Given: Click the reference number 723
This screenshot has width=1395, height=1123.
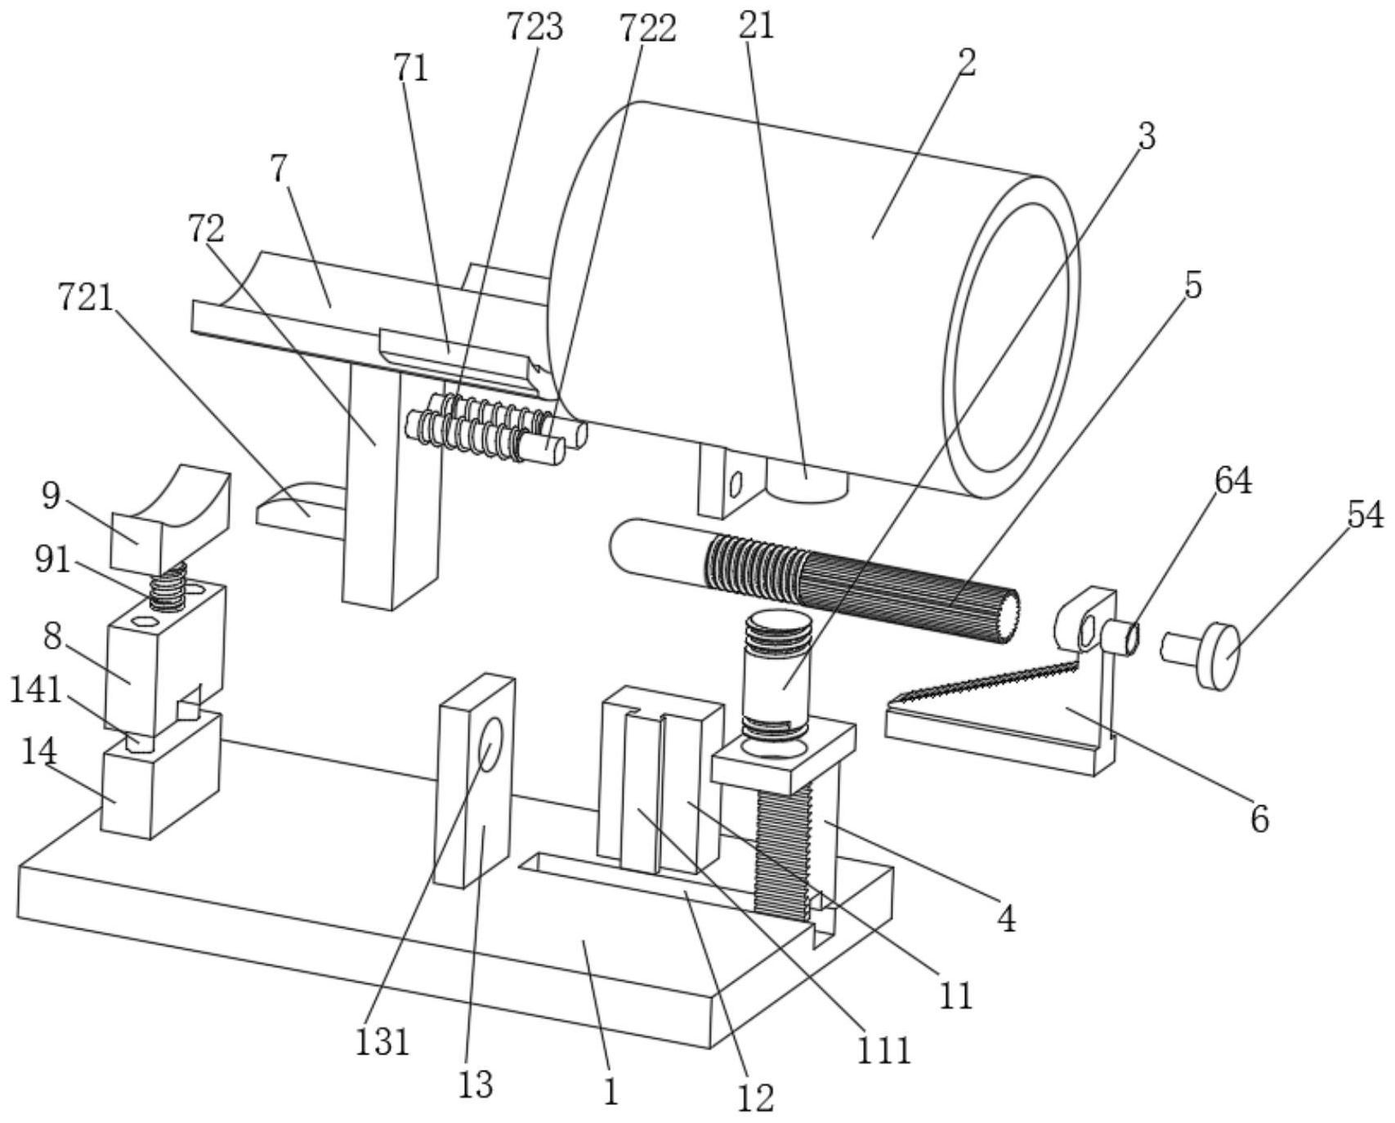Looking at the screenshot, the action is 535,27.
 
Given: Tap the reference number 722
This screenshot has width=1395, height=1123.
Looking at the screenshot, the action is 648,29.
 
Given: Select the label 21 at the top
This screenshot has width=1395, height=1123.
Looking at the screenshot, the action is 756,26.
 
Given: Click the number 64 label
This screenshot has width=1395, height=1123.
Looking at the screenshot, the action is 1233,482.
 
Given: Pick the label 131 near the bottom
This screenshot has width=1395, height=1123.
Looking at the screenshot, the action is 382,1042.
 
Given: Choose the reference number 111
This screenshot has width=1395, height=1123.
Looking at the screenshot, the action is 883,1050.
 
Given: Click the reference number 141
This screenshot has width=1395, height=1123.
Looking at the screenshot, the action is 36,691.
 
